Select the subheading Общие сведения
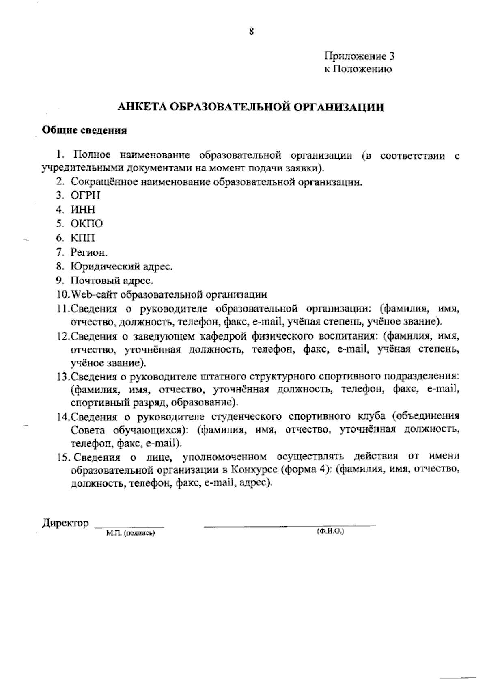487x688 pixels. pos(85,131)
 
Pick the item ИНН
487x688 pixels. pos(83,210)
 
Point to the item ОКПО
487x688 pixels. pos(87,224)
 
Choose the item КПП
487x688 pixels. pos(83,238)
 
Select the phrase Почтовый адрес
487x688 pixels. pos(112,281)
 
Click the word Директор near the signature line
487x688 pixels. pos(65,522)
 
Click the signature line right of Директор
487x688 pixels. pos(129,527)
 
